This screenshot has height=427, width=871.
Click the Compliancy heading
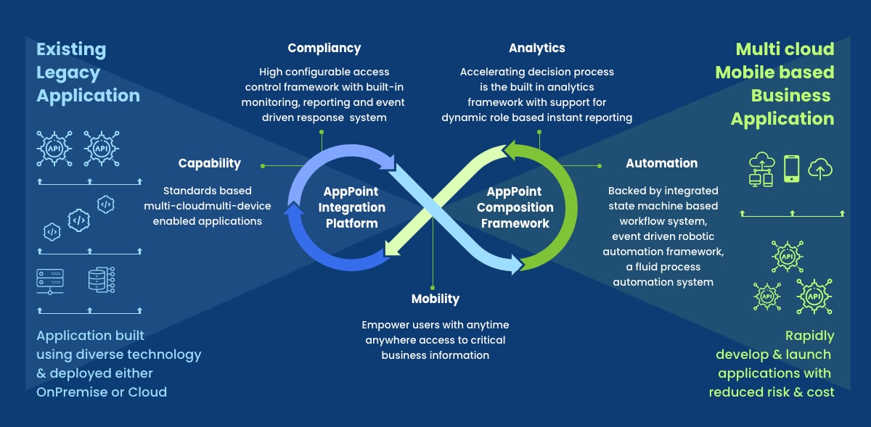(x=324, y=49)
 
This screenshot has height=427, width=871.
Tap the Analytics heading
(x=536, y=49)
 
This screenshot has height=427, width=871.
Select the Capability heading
(x=209, y=163)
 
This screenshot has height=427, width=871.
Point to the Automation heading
(x=661, y=163)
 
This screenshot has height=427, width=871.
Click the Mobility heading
(x=435, y=299)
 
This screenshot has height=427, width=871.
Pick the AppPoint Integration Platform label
(x=351, y=207)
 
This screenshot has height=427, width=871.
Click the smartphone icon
(x=791, y=169)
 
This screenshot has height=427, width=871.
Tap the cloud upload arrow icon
(x=820, y=169)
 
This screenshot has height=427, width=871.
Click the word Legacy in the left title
(x=68, y=72)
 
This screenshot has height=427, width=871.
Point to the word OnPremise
(x=73, y=392)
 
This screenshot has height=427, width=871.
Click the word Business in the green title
(x=790, y=96)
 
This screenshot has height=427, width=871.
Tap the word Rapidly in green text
(x=809, y=336)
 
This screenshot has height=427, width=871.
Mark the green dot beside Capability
(x=262, y=165)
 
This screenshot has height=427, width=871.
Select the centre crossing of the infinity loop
(x=433, y=208)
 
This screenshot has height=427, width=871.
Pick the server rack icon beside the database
(x=50, y=281)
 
